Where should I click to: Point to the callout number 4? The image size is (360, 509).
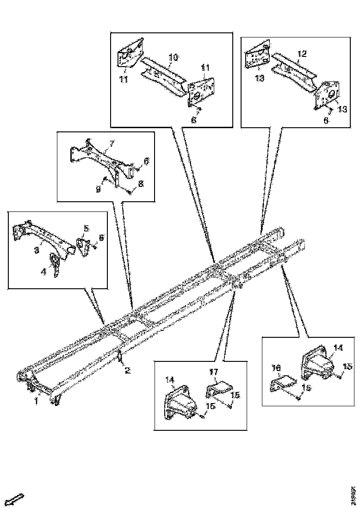[43, 272]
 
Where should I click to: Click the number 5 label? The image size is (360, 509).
[86, 228]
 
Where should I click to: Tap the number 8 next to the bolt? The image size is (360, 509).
[141, 183]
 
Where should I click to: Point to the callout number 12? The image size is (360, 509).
[301, 54]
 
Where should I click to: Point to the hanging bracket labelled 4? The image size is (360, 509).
[55, 266]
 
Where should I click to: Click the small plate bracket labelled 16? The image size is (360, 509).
[283, 382]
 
